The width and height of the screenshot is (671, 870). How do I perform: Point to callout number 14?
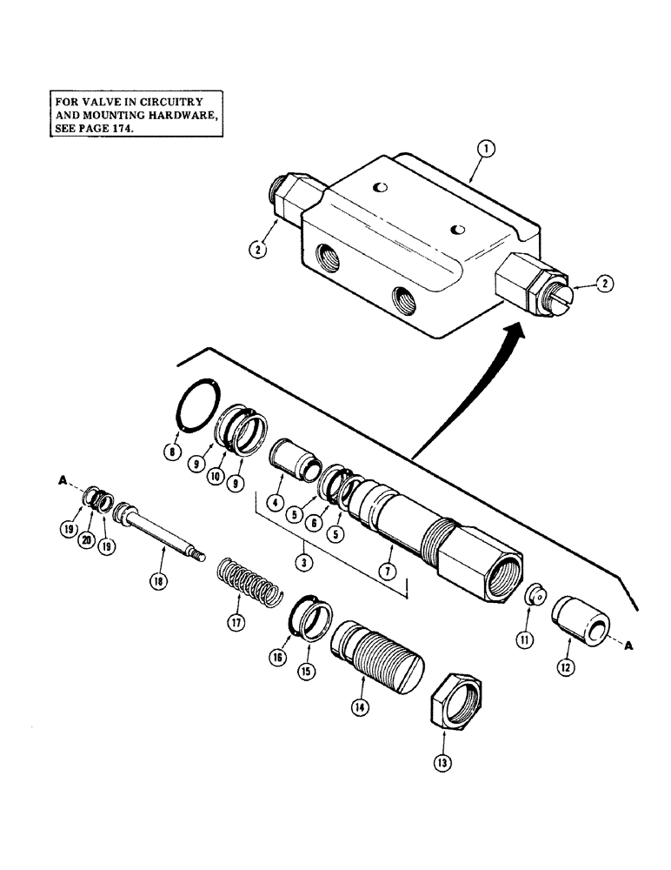tap(359, 708)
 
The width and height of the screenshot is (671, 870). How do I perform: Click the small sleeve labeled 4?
tap(292, 459)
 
